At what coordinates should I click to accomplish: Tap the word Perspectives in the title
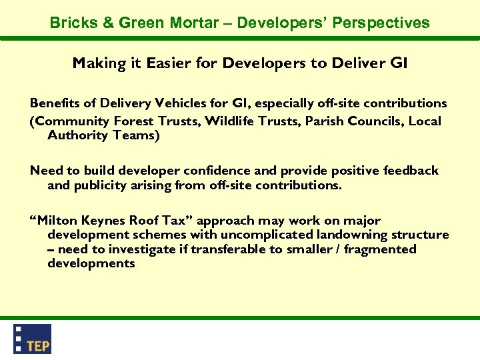(383, 23)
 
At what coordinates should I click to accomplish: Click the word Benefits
(54, 103)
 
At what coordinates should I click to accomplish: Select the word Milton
(59, 221)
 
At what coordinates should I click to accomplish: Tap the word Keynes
(107, 221)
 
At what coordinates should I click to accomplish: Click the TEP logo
(33, 339)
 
